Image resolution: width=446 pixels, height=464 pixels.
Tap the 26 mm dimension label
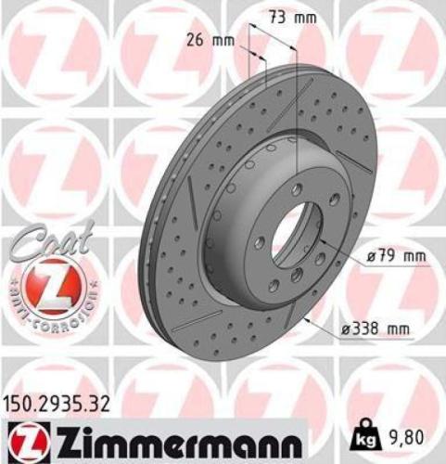click(x=210, y=41)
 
